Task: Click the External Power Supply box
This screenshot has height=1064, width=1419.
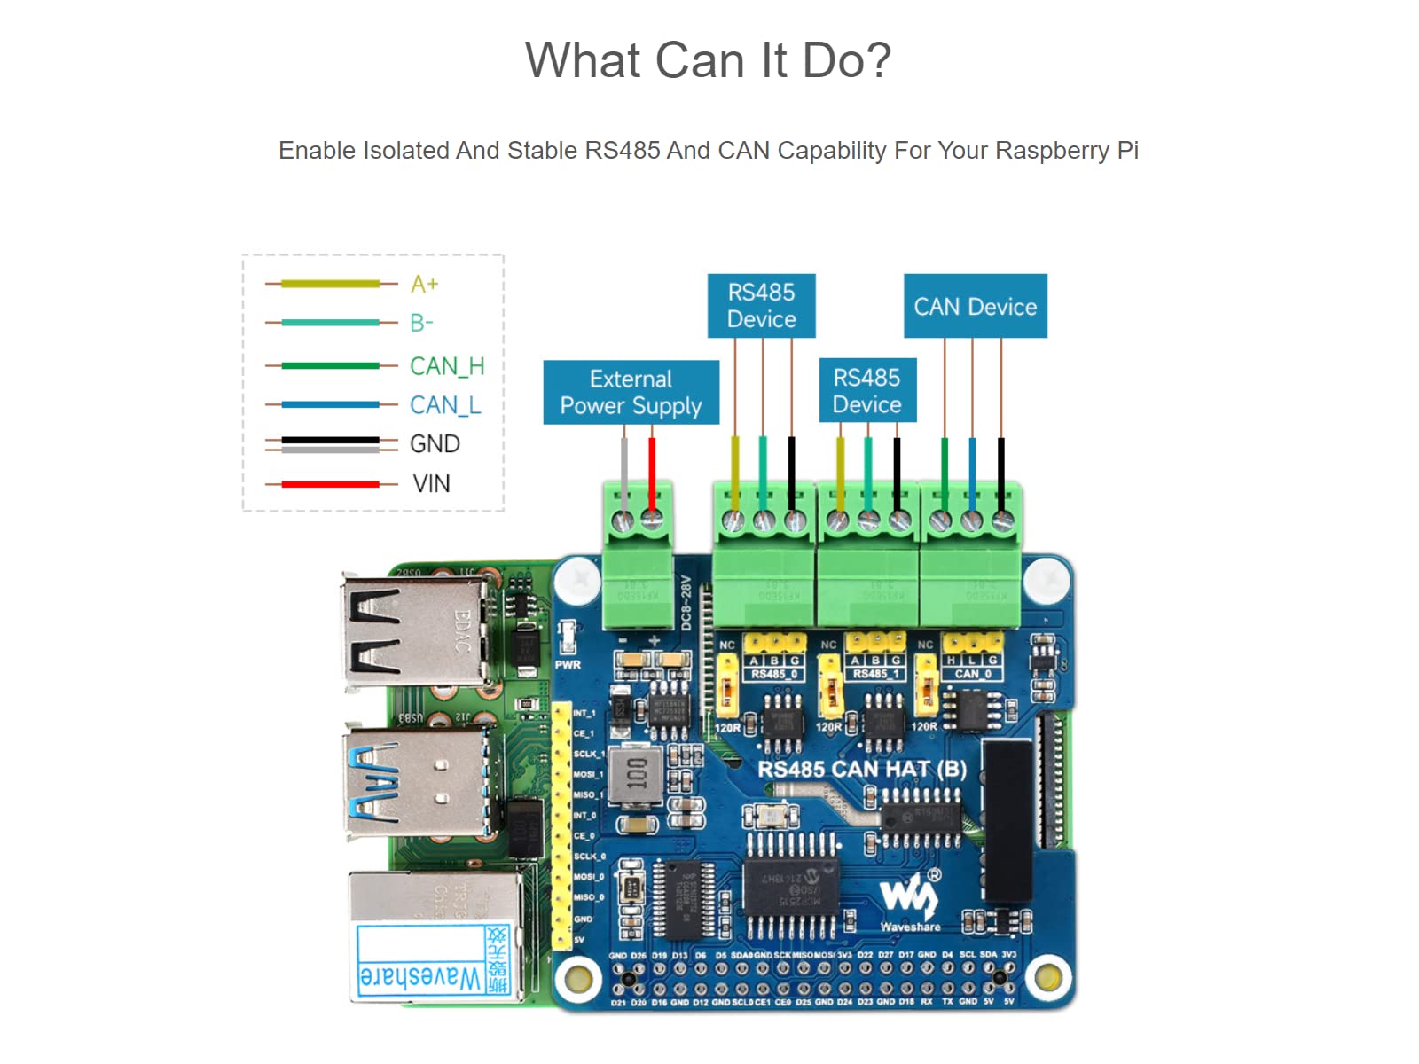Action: (631, 392)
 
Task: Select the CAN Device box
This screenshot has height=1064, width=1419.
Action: (975, 306)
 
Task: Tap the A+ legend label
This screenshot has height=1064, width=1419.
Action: (424, 284)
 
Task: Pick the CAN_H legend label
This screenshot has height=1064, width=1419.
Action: (447, 366)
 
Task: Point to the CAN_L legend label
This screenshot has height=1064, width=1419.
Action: (445, 405)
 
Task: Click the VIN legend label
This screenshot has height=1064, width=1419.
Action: (431, 484)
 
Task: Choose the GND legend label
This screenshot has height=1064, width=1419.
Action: (435, 444)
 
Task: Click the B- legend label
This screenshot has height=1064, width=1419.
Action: (421, 323)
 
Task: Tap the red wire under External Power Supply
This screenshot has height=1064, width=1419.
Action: (652, 470)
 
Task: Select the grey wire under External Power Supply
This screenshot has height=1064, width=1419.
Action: (624, 470)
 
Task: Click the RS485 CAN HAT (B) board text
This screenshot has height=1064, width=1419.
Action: (861, 769)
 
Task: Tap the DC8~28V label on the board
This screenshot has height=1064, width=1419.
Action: (686, 604)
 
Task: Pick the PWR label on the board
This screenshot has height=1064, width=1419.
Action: (568, 665)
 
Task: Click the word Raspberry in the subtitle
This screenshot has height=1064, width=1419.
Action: (1051, 151)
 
